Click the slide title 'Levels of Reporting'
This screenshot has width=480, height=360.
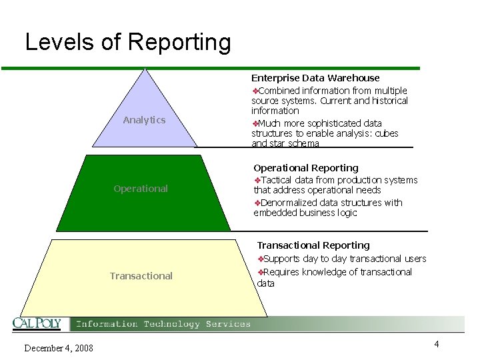coord(128,42)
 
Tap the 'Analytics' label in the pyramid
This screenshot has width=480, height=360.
coord(144,120)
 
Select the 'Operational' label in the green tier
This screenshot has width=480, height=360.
coord(141,189)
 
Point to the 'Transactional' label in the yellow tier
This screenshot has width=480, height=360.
coord(141,276)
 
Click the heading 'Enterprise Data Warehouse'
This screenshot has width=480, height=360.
coord(315,78)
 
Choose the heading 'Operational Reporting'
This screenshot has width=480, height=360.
coord(306,168)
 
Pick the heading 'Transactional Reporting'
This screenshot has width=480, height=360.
coord(313,245)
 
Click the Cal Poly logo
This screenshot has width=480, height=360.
coord(37,324)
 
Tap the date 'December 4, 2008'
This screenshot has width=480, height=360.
coord(59,348)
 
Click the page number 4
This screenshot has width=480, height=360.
coord(436,344)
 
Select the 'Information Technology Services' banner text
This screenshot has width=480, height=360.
coord(163,324)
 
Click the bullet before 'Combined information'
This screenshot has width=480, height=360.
coord(255,91)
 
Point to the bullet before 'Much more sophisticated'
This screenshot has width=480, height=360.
coord(255,123)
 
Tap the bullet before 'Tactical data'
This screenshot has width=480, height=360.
coord(257,180)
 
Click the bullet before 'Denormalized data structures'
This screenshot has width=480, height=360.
coord(257,203)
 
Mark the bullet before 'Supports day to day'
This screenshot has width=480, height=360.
coord(261,259)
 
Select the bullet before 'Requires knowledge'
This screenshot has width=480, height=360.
coord(261,272)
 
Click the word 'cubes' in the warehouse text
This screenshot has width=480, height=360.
coord(386,133)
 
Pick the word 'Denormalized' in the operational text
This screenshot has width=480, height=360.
coord(288,203)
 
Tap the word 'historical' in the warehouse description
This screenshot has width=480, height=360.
coord(387,101)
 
